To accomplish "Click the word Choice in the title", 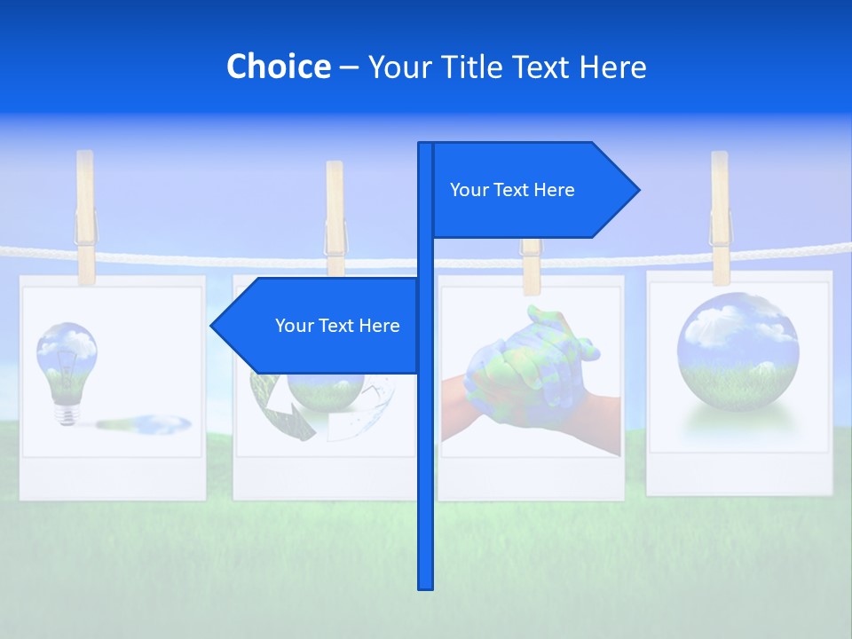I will pyautogui.click(x=278, y=67).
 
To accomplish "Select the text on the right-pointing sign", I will pyautogui.click(x=512, y=190).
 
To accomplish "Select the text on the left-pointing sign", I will pyautogui.click(x=337, y=326).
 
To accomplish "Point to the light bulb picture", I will pyautogui.click(x=67, y=364).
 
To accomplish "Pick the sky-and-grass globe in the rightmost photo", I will pyautogui.click(x=738, y=346).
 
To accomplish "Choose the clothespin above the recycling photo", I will pyautogui.click(x=335, y=217).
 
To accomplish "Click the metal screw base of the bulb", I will pyautogui.click(x=67, y=414).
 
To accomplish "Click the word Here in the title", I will pyautogui.click(x=612, y=67).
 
